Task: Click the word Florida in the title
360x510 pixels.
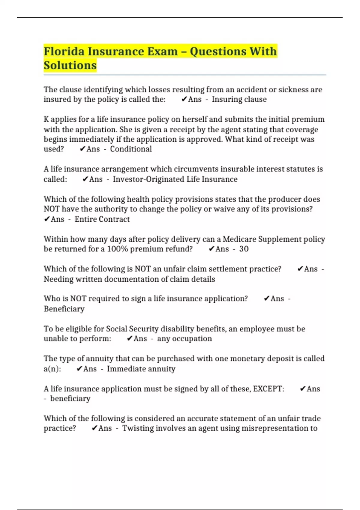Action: coord(64,51)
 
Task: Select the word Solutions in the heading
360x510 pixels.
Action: coord(70,65)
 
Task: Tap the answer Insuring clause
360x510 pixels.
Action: coord(239,99)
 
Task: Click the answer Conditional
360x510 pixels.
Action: coord(131,149)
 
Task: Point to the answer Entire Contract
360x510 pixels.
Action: coord(102,219)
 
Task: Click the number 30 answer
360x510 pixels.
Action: coord(244,249)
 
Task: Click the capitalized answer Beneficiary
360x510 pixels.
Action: coord(64,309)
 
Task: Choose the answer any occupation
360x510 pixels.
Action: coord(184,339)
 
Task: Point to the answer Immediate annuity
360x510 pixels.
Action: coord(141,369)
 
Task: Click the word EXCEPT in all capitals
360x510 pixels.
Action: coord(268,389)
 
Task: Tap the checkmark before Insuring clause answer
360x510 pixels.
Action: coord(184,99)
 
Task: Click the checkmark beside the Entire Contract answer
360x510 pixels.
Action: coord(47,219)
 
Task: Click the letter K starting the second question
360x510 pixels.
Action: coord(46,119)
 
